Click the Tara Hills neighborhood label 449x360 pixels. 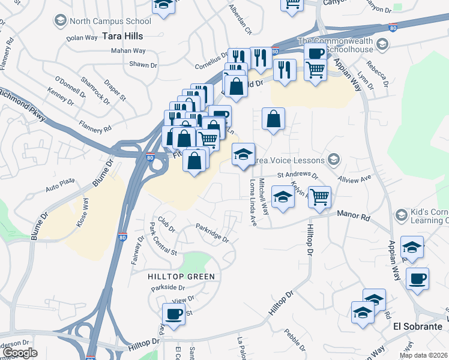(122, 36)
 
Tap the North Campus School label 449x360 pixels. (109, 21)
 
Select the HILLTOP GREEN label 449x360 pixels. (181, 276)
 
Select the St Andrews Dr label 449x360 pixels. (297, 175)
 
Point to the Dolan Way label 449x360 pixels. (82, 37)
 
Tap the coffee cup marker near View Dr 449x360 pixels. (174, 314)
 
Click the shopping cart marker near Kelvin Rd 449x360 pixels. (320, 196)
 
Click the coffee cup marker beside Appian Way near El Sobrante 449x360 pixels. (417, 278)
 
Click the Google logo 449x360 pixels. (20, 353)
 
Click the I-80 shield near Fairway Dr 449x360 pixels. (122, 237)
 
